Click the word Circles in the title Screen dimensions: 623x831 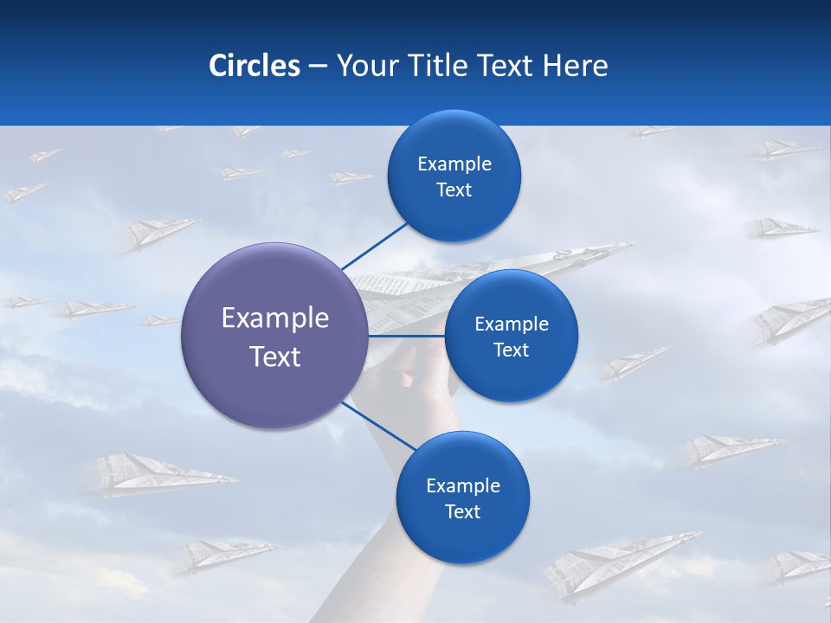point(254,66)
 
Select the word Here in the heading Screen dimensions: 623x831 point(575,66)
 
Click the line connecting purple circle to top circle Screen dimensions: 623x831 point(374,247)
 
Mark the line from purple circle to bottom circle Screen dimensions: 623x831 point(378,425)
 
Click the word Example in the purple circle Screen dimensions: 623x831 point(274,318)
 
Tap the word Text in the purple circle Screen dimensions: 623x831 point(274,356)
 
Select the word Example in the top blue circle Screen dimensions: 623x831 point(454,164)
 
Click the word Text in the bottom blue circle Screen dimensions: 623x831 point(462,511)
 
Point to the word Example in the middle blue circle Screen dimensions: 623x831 point(511,324)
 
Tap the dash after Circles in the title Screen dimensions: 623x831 point(317,66)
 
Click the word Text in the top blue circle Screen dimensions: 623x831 point(454,190)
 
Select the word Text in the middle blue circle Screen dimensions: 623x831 point(511,350)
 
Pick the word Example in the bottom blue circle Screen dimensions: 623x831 point(462,485)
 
